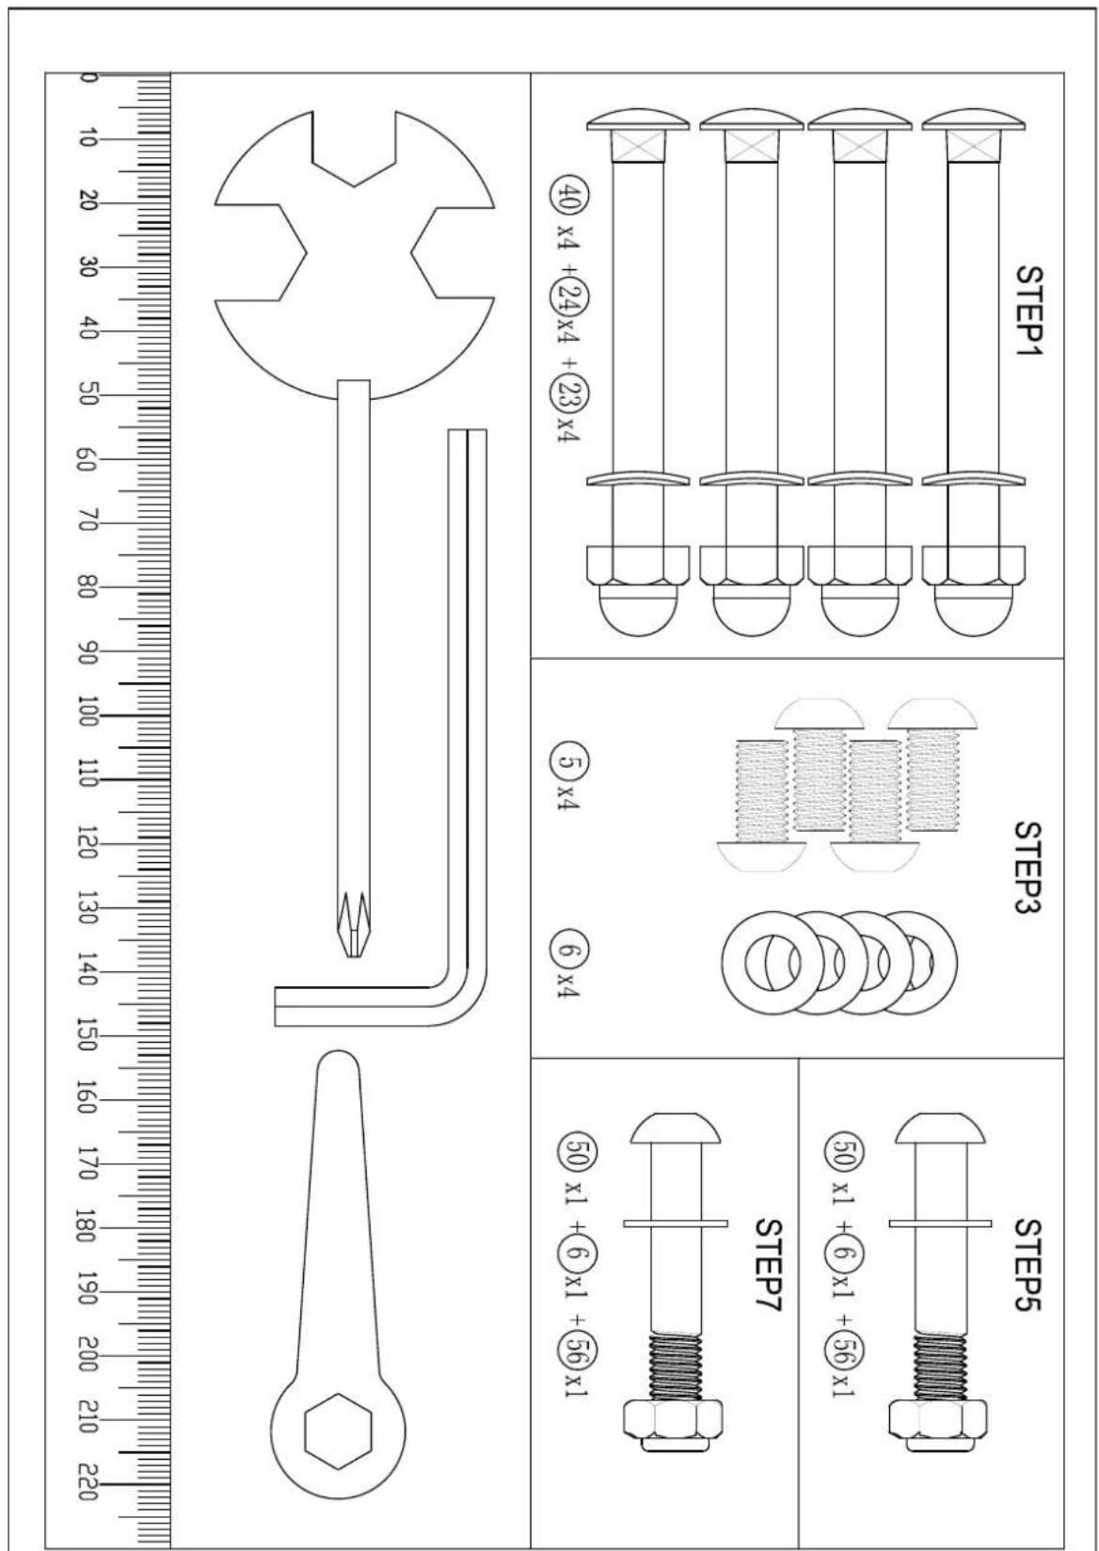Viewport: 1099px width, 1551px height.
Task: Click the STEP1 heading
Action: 1029,310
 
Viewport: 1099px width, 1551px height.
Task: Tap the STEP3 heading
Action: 1029,868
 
